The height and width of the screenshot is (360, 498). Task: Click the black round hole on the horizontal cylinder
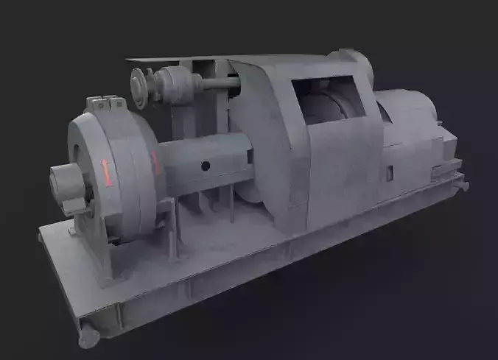click(206, 166)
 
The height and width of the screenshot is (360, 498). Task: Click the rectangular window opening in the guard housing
click(327, 102)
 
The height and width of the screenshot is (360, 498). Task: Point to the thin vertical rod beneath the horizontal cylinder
click(231, 202)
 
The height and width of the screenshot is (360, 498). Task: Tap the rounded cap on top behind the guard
click(352, 63)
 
